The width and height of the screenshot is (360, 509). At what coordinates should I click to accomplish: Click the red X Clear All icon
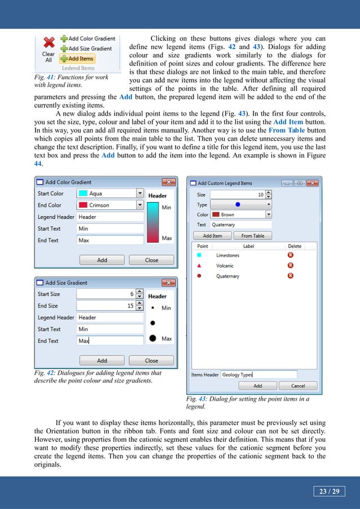[49, 43]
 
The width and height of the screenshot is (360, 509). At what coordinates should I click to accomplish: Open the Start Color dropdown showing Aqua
[110, 194]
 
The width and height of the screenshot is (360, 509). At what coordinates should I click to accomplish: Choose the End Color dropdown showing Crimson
[110, 205]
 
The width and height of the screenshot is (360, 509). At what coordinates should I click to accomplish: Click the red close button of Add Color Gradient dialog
[168, 182]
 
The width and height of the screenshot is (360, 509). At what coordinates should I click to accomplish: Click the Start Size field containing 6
[107, 294]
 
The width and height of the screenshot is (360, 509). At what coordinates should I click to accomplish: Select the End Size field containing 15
[107, 306]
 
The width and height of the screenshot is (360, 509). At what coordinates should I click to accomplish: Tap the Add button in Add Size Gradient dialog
[102, 361]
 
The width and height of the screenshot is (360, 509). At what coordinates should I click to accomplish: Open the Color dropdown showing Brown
[241, 215]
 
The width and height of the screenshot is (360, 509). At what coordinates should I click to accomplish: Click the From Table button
[252, 236]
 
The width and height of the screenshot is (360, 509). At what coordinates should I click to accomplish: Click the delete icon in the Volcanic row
[290, 266]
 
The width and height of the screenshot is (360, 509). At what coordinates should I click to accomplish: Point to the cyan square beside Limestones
[199, 256]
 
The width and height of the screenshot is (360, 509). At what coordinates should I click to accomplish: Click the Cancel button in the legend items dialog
[297, 386]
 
